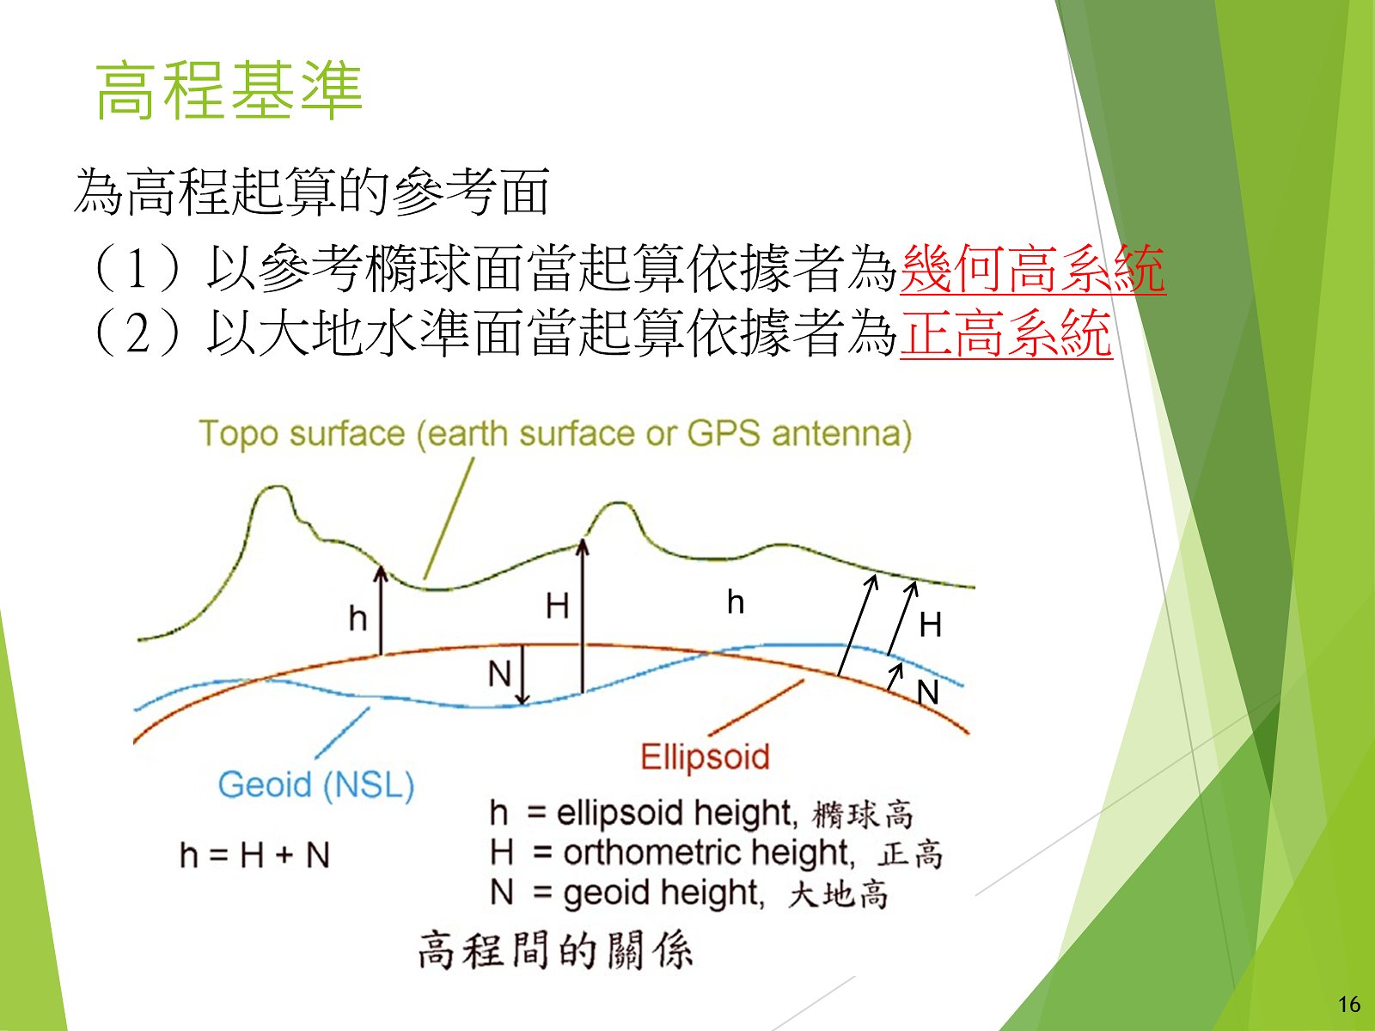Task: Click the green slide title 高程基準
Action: tap(229, 91)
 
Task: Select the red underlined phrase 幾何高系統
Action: tap(1033, 269)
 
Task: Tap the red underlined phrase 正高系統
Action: tap(1006, 333)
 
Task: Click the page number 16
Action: tap(1348, 1004)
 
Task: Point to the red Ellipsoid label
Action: tap(705, 756)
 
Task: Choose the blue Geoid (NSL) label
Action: tap(316, 784)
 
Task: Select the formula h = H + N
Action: tap(254, 855)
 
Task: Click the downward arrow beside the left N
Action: tap(523, 674)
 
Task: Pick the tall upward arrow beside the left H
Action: tap(583, 617)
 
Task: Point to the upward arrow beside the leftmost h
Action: tap(381, 610)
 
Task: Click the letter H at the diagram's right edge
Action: tap(930, 625)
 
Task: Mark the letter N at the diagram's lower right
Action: tap(928, 693)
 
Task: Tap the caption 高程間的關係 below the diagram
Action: tap(555, 949)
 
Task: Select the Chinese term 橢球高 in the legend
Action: tap(863, 815)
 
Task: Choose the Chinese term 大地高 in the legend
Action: tap(838, 894)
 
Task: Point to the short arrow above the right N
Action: tap(894, 676)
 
